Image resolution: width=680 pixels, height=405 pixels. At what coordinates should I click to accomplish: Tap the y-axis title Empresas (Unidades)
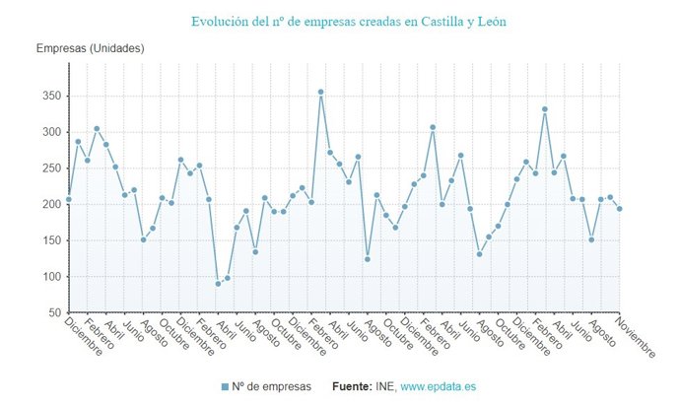91,48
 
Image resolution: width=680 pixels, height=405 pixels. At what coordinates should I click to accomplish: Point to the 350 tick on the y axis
50,96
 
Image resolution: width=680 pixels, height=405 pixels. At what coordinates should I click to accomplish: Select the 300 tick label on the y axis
50,132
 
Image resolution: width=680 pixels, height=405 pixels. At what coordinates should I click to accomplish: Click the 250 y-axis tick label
50,169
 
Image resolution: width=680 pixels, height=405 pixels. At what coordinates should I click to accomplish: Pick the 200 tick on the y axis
50,204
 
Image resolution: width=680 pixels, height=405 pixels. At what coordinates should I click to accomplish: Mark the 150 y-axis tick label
50,240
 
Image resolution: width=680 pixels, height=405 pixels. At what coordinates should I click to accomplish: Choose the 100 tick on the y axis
50,277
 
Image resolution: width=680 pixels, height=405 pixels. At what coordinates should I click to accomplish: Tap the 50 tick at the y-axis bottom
53,312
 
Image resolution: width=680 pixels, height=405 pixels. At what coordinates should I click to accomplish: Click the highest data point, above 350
320,92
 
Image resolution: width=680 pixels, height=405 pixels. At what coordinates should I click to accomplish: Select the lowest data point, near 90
218,284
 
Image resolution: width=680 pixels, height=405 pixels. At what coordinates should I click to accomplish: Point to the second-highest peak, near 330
544,109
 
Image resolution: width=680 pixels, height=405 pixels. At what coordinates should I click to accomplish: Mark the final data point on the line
619,209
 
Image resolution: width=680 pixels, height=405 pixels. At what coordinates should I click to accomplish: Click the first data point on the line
69,199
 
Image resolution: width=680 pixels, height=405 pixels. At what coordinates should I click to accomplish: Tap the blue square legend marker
225,386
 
